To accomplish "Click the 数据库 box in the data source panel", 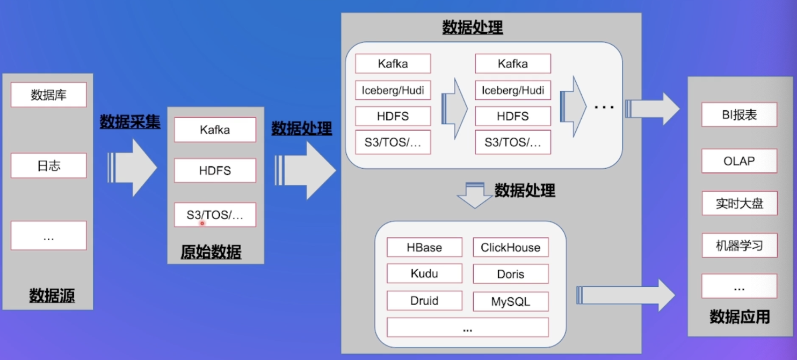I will tap(48, 95).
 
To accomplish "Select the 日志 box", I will tap(48, 165).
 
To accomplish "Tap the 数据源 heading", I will tap(52, 295).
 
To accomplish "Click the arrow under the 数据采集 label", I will tap(133, 168).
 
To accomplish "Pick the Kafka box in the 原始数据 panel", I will tap(215, 130).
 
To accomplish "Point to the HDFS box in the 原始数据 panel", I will tap(215, 171).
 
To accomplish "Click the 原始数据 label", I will tap(211, 251).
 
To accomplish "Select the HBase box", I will tap(424, 247).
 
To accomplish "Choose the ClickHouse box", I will tap(510, 247).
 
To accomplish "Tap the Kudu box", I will tap(424, 273).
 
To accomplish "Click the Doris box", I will tap(510, 274).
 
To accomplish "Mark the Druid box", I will tap(424, 300).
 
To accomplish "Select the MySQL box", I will tap(510, 301).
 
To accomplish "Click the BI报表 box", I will tap(739, 115).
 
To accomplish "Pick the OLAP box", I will tap(739, 161).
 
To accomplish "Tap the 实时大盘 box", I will tap(739, 203).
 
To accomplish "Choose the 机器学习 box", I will tap(739, 246).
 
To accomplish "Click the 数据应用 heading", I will tap(739, 316).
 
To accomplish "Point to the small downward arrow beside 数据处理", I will tap(474, 195).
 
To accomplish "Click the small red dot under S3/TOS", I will tap(202, 223).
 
